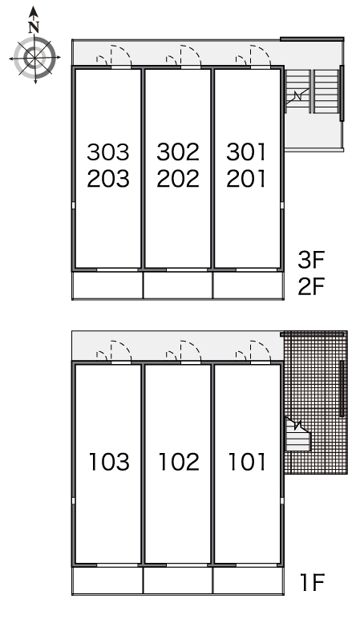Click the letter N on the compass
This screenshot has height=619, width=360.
(34, 27)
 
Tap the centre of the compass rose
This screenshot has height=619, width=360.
(34, 59)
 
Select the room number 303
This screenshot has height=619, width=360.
(108, 152)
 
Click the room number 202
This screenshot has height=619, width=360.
(178, 179)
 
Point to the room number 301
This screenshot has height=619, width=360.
(246, 152)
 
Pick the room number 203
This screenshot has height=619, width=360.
(108, 179)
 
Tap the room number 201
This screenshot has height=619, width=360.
(246, 179)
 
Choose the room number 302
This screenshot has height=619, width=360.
(178, 152)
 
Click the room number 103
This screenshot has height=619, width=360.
(109, 462)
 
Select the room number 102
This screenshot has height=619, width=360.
(179, 462)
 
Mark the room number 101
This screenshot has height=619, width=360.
(247, 462)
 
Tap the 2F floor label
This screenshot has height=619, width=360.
(311, 286)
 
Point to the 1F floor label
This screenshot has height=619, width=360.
(313, 582)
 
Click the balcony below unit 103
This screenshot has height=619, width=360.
(107, 581)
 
